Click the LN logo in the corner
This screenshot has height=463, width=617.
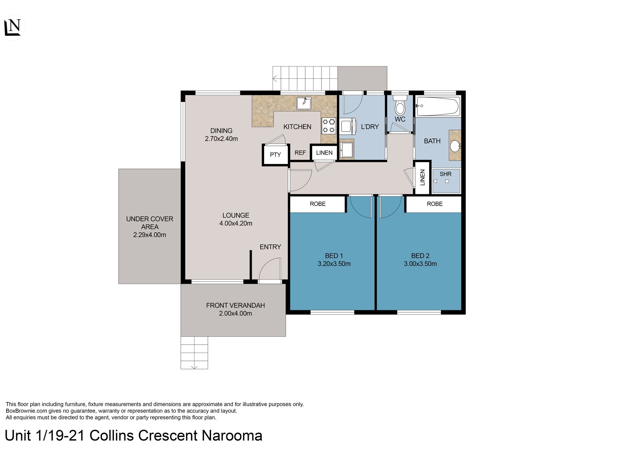tap(13, 27)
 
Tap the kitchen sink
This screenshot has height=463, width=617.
tap(304, 103)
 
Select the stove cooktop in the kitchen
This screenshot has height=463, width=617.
tap(329, 126)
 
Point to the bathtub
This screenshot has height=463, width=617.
tap(438, 106)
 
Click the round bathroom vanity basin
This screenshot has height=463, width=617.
tap(455, 146)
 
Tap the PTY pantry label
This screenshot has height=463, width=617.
tap(275, 155)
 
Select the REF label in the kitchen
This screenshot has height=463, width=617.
tap(300, 153)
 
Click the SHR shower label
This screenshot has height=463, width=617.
tap(446, 174)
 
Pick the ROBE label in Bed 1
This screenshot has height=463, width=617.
tap(318, 204)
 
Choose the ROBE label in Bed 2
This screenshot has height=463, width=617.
tap(435, 204)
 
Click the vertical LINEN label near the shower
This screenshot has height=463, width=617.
tap(422, 177)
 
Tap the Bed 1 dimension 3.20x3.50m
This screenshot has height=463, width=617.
tap(334, 264)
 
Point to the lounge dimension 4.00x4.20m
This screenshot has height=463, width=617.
tap(236, 223)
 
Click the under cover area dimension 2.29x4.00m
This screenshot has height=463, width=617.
tap(150, 235)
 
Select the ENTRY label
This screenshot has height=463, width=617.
tap(271, 247)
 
